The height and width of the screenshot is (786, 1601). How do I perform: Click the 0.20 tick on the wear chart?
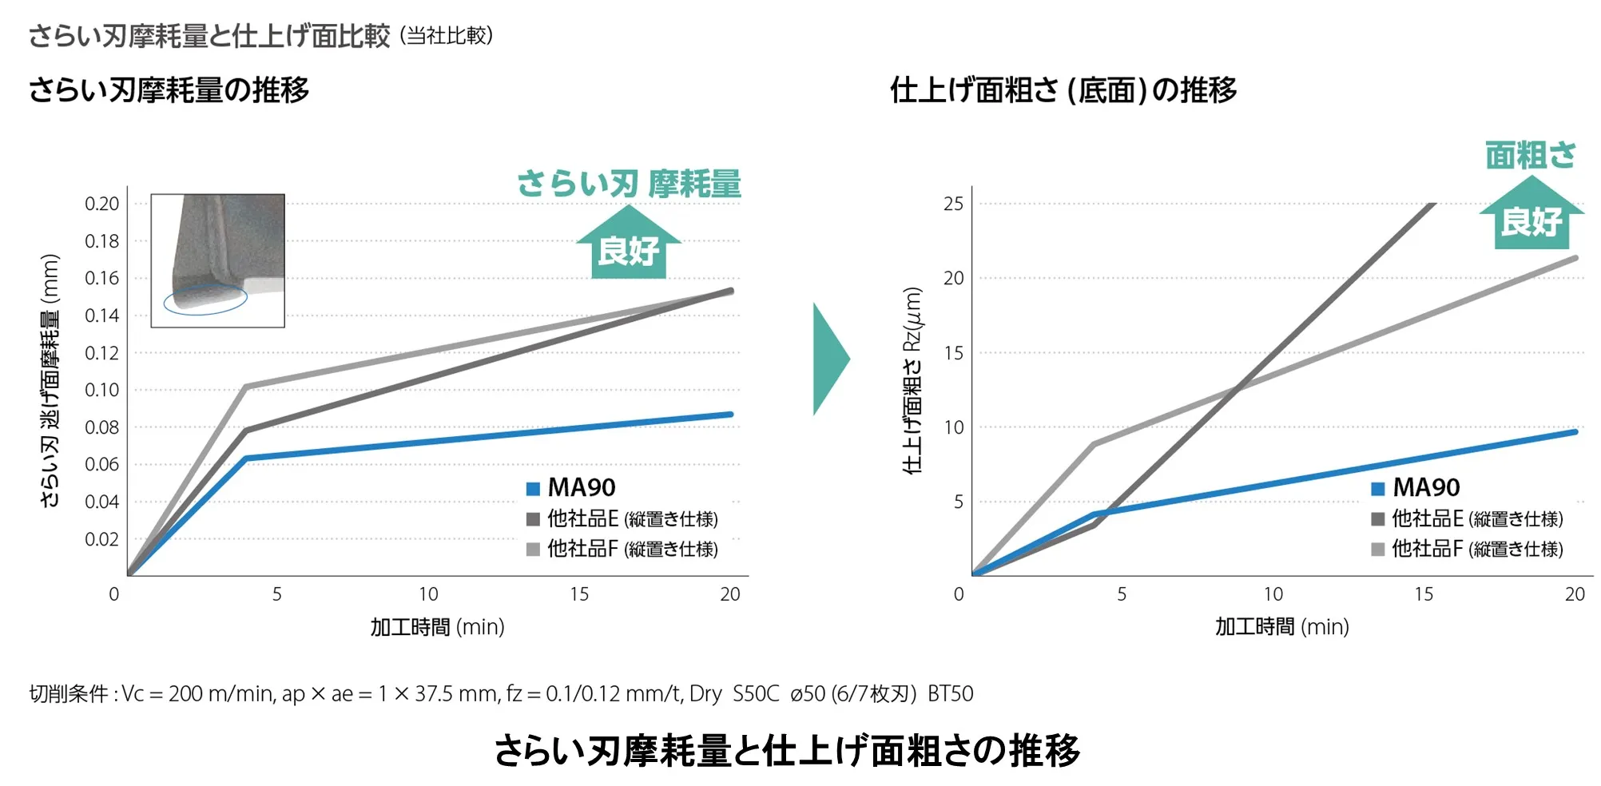pyautogui.click(x=102, y=204)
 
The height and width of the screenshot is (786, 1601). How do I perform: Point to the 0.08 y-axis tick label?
pyautogui.click(x=102, y=427)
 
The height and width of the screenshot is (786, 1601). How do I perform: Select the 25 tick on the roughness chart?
pyautogui.click(x=953, y=204)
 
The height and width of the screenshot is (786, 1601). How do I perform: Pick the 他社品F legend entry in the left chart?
pyautogui.click(x=623, y=550)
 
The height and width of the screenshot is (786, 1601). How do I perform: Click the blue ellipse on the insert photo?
pyautogui.click(x=205, y=300)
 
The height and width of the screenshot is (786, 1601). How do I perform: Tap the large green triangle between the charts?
pyautogui.click(x=831, y=359)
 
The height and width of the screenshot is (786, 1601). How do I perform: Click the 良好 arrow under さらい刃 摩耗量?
pyautogui.click(x=629, y=244)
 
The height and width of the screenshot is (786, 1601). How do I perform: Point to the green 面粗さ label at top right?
pyautogui.click(x=1530, y=155)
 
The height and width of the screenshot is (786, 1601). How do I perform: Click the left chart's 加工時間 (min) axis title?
pyautogui.click(x=437, y=627)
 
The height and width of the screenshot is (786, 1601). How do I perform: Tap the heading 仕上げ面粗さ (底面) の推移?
pyautogui.click(x=1063, y=90)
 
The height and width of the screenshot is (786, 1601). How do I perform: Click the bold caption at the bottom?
pyautogui.click(x=787, y=751)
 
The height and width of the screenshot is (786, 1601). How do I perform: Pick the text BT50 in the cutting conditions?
pyautogui.click(x=950, y=693)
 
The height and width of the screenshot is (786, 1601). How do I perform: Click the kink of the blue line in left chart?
pyautogui.click(x=246, y=458)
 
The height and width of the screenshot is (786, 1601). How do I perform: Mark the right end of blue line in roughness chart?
pyautogui.click(x=1575, y=432)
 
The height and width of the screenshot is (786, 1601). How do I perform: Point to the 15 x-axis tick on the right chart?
pyautogui.click(x=1424, y=594)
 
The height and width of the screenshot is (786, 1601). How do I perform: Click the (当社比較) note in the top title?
pyautogui.click(x=447, y=36)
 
